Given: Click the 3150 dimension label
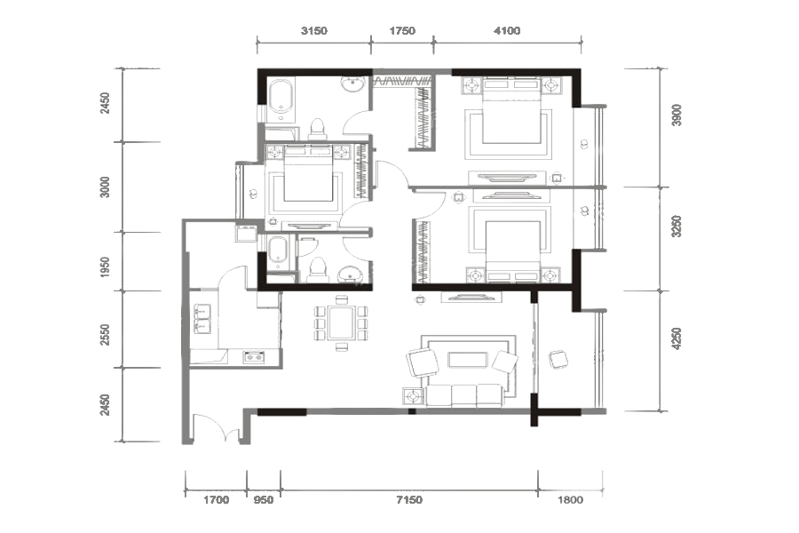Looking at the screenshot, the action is point(314,30).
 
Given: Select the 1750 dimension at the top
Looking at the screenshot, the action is point(402,30).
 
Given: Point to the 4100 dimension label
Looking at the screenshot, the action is point(507,30).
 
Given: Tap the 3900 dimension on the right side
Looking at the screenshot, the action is point(676,115).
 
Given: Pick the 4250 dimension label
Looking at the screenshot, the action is point(676,338).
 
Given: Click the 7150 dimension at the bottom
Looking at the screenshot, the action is point(409,500).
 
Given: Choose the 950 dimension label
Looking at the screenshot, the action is point(264,500).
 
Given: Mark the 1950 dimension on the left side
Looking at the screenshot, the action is point(105,267).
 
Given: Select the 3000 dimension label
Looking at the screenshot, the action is point(105,187).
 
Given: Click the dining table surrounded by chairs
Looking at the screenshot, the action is point(341,322).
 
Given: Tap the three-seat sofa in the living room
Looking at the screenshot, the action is point(464,396).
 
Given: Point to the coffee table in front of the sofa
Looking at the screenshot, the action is point(468,360).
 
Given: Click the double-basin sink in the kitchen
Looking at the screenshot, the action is point(202,318).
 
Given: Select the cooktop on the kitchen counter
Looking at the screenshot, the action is point(254,357).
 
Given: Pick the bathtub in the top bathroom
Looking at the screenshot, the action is point(281,98).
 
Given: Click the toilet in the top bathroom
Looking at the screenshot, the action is point(318,129).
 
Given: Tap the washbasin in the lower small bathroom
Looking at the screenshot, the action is point(350,274).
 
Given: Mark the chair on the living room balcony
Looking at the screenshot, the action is point(558,360).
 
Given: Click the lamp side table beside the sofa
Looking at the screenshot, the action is point(412,396).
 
